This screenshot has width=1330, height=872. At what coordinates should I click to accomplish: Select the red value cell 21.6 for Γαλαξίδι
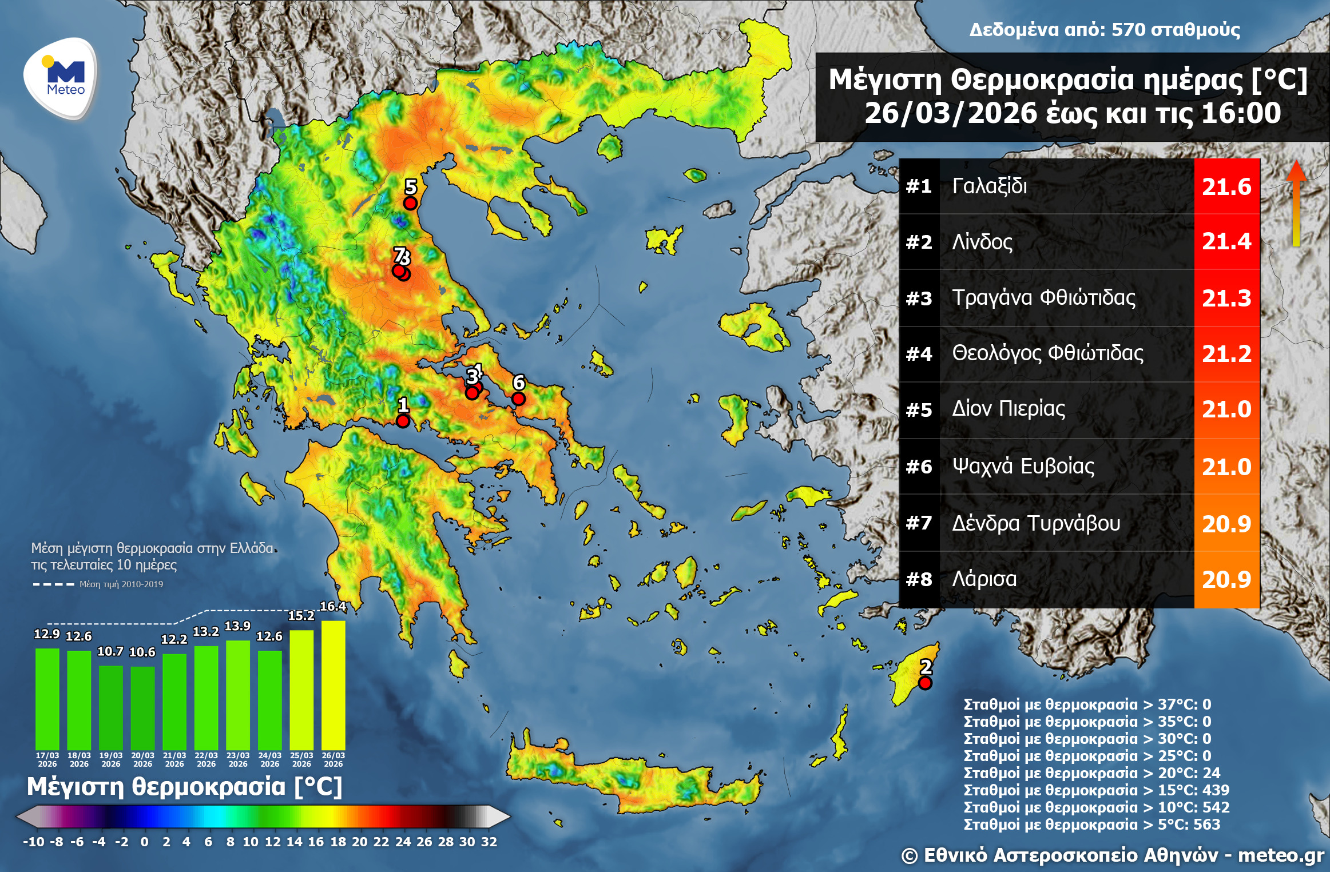[x=1226, y=186]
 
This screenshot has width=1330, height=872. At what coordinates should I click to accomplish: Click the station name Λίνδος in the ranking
[x=982, y=242]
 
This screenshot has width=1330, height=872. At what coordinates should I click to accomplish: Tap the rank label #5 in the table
[x=919, y=410]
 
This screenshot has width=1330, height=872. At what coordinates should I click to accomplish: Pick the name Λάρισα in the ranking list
[x=984, y=579]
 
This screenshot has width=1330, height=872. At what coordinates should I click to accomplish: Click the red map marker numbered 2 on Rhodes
[x=925, y=683]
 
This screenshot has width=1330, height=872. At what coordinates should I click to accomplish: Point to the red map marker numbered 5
[x=410, y=203]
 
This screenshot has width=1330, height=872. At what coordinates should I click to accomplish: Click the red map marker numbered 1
[x=403, y=421]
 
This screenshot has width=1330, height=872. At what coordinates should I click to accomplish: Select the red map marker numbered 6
[x=518, y=399]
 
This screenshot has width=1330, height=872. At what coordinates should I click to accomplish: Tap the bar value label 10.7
[x=110, y=651]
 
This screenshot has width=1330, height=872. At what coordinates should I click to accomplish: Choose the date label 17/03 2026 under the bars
[x=47, y=759]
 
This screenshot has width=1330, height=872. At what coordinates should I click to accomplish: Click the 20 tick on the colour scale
[x=359, y=842]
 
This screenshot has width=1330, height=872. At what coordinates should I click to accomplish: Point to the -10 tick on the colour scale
[x=33, y=842]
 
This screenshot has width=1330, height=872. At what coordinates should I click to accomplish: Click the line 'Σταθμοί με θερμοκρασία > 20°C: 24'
[x=1091, y=773]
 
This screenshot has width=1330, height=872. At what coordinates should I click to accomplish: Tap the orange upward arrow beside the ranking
[x=1296, y=203]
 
